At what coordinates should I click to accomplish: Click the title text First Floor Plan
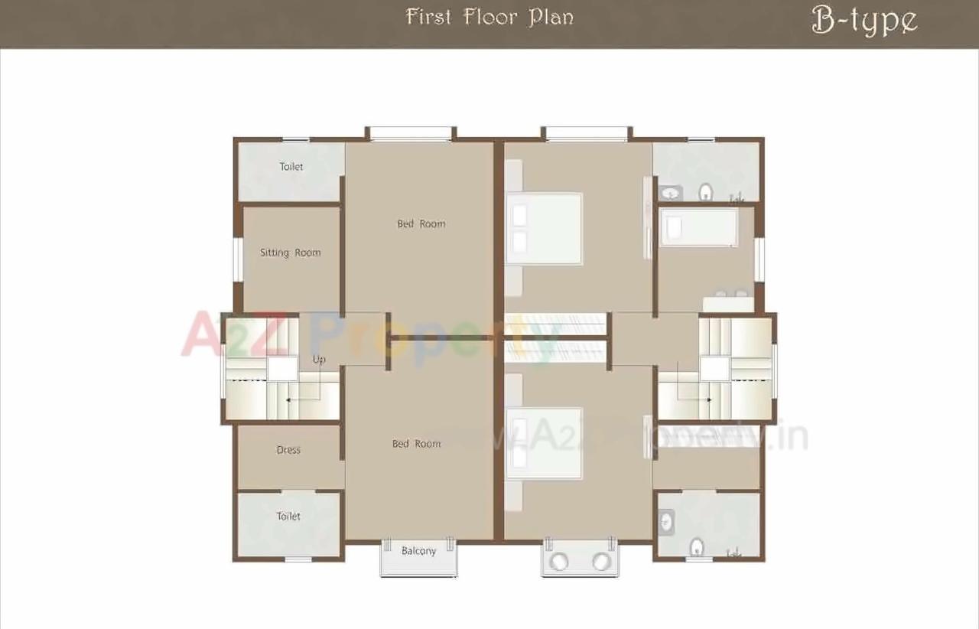pos(489,17)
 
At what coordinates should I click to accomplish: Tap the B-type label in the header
pos(864,21)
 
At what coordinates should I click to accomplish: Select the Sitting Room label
pos(290,253)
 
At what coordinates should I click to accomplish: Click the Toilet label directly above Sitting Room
pos(291,166)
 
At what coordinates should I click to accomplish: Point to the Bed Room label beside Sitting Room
pos(421,223)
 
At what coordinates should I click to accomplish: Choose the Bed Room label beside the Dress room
pos(416,444)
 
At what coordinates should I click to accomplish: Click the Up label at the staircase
pos(319,359)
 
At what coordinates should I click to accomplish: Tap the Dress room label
pos(288,450)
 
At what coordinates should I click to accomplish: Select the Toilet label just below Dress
pos(288,517)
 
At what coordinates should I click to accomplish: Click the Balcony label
pos(418,551)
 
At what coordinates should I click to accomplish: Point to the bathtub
pos(698,227)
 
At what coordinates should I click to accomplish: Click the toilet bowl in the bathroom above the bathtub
pos(706,191)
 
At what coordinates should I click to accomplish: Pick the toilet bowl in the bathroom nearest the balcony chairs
pos(696,546)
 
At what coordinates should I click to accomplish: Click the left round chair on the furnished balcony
pos(560,562)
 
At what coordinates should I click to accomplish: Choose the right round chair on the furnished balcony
pos(601,562)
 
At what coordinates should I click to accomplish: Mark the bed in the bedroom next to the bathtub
pos(544,228)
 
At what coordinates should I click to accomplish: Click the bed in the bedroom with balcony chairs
pos(544,443)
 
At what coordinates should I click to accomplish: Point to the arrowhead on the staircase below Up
pos(288,399)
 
